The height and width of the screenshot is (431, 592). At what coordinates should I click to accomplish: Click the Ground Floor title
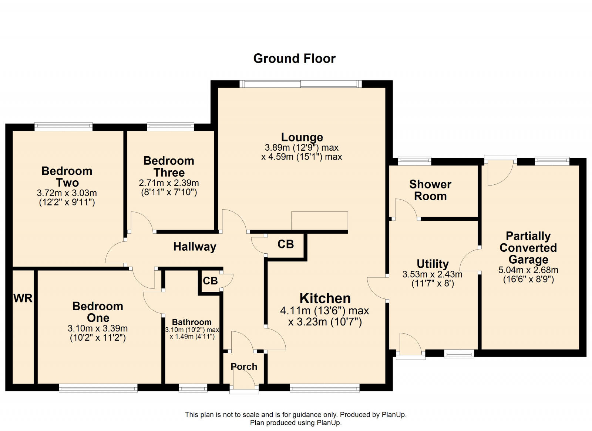point(294,59)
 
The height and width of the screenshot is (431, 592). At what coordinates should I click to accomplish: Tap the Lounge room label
point(302,137)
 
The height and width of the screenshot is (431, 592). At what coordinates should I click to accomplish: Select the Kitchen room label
point(325,298)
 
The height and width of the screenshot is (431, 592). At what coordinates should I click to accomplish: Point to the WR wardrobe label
point(23,298)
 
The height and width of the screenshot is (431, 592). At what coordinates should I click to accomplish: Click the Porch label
point(244,367)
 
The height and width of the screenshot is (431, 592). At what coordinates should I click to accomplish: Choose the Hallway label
point(195,247)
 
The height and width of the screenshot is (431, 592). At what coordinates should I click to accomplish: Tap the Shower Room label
point(430,190)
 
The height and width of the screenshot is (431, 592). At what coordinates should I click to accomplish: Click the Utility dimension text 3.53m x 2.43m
point(433,274)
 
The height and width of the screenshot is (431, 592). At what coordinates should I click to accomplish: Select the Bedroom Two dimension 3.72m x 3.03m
point(67,193)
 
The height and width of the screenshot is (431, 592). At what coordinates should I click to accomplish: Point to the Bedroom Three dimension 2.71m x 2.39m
point(169,183)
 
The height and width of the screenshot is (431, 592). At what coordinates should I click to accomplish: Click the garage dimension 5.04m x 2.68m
point(528,270)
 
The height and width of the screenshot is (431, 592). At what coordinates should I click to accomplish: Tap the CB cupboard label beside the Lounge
point(285,244)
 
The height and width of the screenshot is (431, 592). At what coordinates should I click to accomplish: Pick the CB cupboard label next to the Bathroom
point(210,281)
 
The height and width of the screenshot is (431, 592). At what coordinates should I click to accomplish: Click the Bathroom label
point(192,322)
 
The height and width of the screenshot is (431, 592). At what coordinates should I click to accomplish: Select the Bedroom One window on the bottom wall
point(98,388)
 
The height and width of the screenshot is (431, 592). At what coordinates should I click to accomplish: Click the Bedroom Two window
point(63,127)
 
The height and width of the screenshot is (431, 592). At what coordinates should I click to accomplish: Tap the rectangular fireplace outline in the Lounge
point(320,221)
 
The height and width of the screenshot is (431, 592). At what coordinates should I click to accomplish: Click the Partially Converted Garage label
point(528,248)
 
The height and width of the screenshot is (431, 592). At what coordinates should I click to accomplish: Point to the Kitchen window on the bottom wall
point(324,388)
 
